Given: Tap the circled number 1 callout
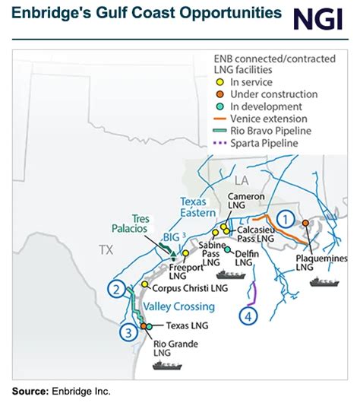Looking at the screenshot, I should tap(284, 218).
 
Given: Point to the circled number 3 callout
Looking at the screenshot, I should tap(130, 331).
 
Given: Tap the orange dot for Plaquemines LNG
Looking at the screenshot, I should tap(305, 223).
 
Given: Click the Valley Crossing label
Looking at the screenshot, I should tap(178, 306).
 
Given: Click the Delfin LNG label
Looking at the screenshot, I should tap(244, 258).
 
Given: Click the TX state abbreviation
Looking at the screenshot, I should tap(104, 249).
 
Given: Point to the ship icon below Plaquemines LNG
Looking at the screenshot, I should tap(325, 281).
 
